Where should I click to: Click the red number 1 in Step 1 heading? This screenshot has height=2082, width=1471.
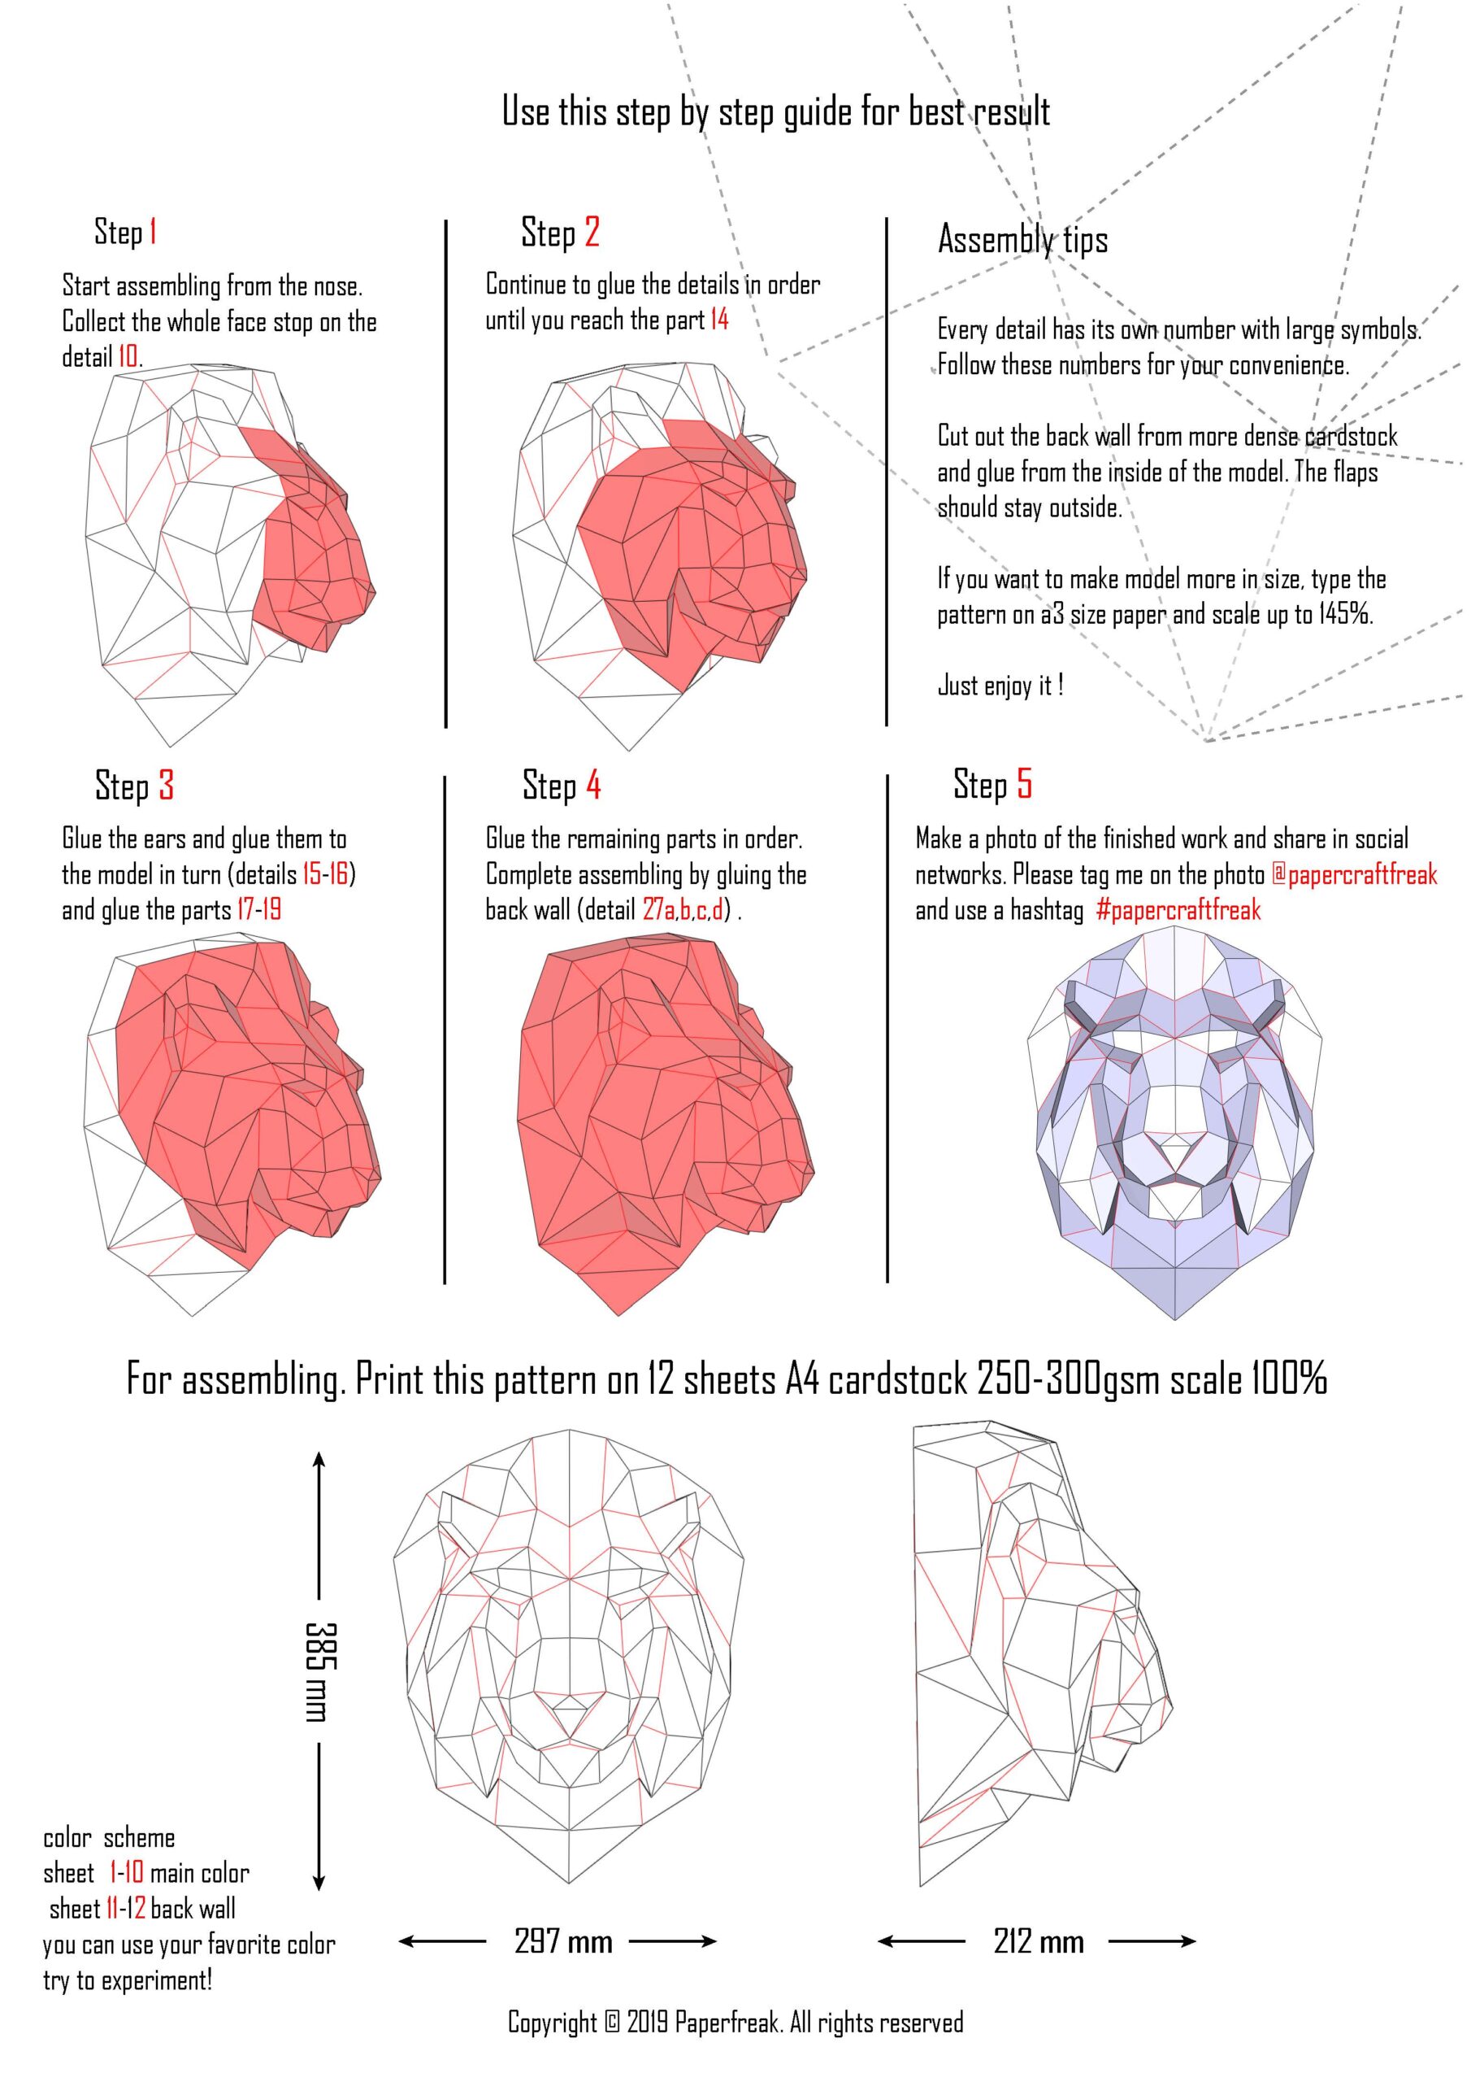(153, 231)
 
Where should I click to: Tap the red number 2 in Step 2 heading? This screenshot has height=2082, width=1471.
(591, 231)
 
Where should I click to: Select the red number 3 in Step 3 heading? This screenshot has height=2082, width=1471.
(166, 786)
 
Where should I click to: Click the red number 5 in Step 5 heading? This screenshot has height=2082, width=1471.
(1023, 782)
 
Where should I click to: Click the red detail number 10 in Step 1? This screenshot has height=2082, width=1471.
(128, 356)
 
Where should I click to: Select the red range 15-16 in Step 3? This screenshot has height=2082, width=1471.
(325, 873)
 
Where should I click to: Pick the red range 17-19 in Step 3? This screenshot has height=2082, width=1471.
(258, 908)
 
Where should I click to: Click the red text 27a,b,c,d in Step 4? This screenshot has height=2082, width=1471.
(683, 908)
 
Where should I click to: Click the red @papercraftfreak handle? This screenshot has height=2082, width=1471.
(1354, 874)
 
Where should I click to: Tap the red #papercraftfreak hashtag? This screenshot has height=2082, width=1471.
(1178, 909)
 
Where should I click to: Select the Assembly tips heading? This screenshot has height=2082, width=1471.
(1022, 239)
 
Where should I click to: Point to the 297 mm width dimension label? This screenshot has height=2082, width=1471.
(563, 1940)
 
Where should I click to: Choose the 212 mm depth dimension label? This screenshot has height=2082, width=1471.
(1039, 1940)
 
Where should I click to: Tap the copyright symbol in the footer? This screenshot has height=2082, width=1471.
(612, 2022)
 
